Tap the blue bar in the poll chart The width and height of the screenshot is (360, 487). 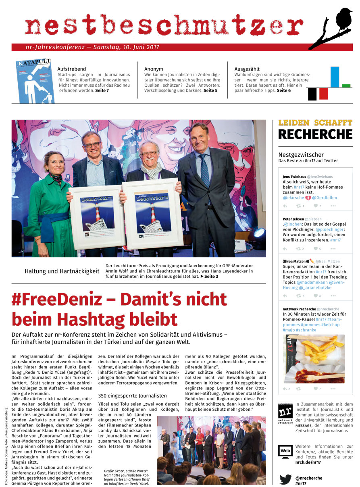[335, 77]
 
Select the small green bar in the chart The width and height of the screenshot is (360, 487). [346, 86]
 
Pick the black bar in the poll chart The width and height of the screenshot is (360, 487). [312, 94]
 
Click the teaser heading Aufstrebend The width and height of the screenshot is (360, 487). [71, 69]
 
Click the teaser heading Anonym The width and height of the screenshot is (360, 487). [154, 69]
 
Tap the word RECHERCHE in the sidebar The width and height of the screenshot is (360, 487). [315, 134]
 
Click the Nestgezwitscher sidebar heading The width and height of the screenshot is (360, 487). [301, 154]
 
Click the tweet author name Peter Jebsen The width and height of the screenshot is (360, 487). [293, 219]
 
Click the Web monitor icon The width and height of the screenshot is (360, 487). [285, 451]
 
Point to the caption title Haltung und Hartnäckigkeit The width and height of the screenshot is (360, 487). [62, 271]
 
